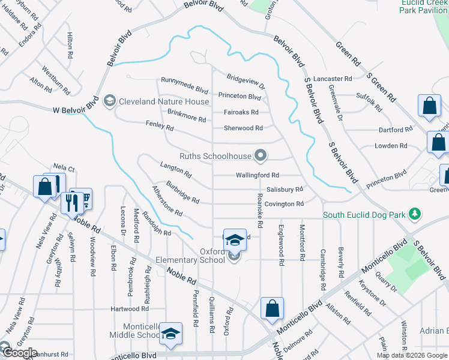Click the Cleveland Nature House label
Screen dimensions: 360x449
pos(163,101)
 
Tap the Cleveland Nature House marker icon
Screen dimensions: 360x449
pos(109,101)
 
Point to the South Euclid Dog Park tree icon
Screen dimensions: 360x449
pos(414,214)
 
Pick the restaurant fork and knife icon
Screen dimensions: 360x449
pos(71,202)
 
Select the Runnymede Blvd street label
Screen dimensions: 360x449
pos(184,81)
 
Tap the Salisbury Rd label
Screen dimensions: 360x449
pos(285,189)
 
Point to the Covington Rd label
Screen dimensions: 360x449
pos(285,204)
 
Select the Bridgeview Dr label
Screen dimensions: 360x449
pos(246,82)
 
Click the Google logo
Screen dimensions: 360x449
pos(19,353)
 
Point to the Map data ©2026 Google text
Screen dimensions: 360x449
pos(412,355)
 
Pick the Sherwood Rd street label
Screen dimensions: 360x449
pos(243,128)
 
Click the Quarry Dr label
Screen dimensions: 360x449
pos(385,282)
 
